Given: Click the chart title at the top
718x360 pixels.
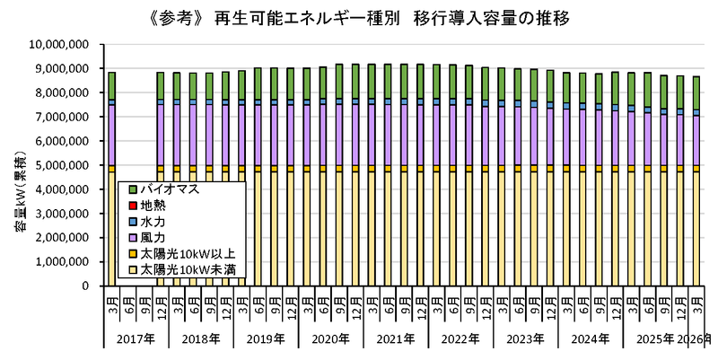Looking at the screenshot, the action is click(359, 20).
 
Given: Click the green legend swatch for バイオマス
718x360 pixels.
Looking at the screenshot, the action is click(133, 189).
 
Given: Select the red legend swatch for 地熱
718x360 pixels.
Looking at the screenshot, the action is click(133, 205).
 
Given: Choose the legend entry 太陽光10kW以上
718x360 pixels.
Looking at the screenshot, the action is click(181, 254).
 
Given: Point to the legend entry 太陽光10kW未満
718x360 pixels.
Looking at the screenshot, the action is click(181, 270).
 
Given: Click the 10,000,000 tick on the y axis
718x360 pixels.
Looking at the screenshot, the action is click(65, 44).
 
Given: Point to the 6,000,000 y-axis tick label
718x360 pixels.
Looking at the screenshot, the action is click(69, 141).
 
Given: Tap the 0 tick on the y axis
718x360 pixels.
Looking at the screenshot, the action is click(98, 286).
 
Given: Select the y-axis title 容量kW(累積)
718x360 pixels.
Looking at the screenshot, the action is click(21, 194).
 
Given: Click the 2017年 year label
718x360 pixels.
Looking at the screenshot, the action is click(136, 339).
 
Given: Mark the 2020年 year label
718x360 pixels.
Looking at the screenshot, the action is click(330, 339).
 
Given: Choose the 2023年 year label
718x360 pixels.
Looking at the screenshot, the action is click(525, 339).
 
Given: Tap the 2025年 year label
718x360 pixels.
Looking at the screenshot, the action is click(655, 339).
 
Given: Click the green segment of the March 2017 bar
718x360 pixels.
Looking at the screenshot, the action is click(111, 85).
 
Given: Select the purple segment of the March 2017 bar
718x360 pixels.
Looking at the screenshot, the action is click(111, 136).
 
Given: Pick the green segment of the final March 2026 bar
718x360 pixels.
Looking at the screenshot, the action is click(696, 93).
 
